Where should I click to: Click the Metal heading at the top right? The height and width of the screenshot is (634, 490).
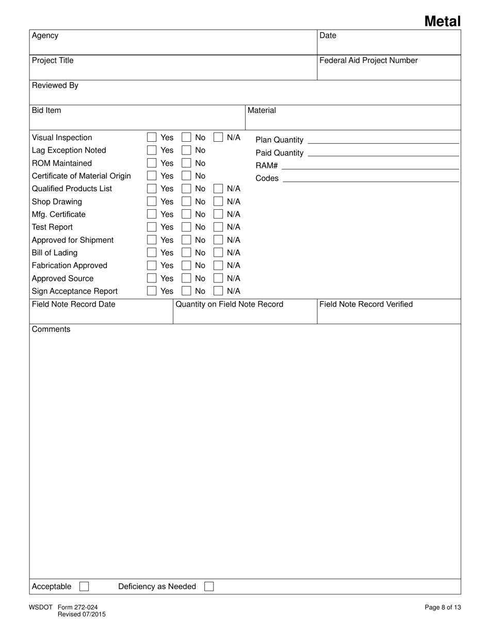(442, 21)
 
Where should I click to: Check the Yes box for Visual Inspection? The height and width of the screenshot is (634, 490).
(152, 137)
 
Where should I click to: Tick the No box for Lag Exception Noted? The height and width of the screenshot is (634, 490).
(186, 150)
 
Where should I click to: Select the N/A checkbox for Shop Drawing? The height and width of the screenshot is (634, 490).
(218, 202)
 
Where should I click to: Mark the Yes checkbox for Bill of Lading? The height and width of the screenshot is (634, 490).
(152, 253)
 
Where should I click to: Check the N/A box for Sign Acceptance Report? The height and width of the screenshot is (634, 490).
(218, 291)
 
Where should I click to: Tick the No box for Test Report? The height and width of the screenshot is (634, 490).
(186, 227)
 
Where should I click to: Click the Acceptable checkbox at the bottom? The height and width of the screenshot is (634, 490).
(84, 587)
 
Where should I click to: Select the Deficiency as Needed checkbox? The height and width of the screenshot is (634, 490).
(209, 587)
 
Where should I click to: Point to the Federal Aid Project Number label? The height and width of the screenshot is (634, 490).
(368, 60)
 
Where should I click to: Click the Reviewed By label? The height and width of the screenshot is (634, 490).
(55, 85)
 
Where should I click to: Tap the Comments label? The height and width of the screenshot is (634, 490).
(51, 329)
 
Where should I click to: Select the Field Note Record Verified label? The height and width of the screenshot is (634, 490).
(366, 304)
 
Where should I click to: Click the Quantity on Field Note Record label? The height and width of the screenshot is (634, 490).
(229, 304)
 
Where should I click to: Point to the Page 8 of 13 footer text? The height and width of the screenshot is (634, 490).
(443, 607)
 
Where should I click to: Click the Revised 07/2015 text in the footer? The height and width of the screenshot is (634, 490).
(81, 614)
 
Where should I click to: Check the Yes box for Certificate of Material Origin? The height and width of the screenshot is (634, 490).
(152, 176)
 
